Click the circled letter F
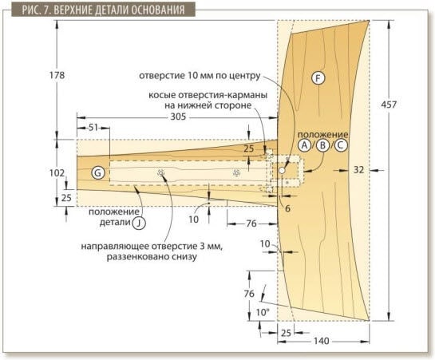pyautogui.click(x=318, y=78)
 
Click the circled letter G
pyautogui.click(x=97, y=173)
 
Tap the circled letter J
pyautogui.click(x=139, y=223)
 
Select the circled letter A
pyautogui.click(x=305, y=145)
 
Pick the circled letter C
pyautogui.click(x=341, y=145)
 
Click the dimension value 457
pyautogui.click(x=389, y=105)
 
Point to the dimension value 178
pyautogui.click(x=57, y=75)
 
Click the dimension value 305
pyautogui.click(x=178, y=117)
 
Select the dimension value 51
pyautogui.click(x=93, y=128)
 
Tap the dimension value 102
pyautogui.click(x=57, y=173)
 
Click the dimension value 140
pyautogui.click(x=322, y=341)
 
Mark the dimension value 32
pyautogui.click(x=358, y=170)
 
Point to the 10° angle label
pyautogui.click(x=263, y=313)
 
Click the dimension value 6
pyautogui.click(x=287, y=208)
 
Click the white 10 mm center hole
pyautogui.click(x=282, y=171)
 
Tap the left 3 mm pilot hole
pyautogui.click(x=160, y=173)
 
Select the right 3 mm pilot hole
pyautogui.click(x=236, y=173)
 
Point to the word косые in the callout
pyautogui.click(x=162, y=95)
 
